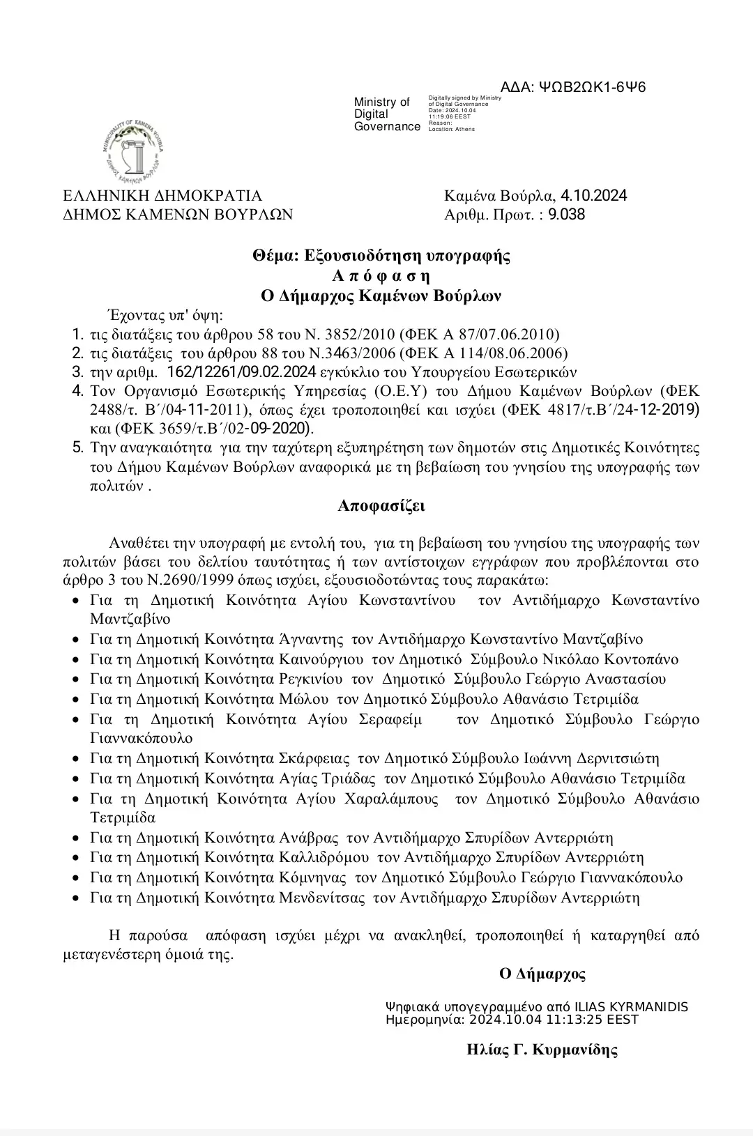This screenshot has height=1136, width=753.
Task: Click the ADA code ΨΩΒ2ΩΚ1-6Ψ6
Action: click(593, 87)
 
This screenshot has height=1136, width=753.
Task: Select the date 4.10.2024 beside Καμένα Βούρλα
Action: click(593, 195)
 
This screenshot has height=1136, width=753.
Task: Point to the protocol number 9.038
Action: click(567, 215)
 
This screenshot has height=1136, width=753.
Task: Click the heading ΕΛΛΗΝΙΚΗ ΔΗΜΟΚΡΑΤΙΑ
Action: click(162, 196)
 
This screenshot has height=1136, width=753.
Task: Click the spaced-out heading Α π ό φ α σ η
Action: click(381, 275)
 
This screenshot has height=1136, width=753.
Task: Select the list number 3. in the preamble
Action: click(77, 371)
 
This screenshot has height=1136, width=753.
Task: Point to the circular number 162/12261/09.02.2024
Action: click(242, 371)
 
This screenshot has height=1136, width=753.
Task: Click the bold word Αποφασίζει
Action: click(381, 505)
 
